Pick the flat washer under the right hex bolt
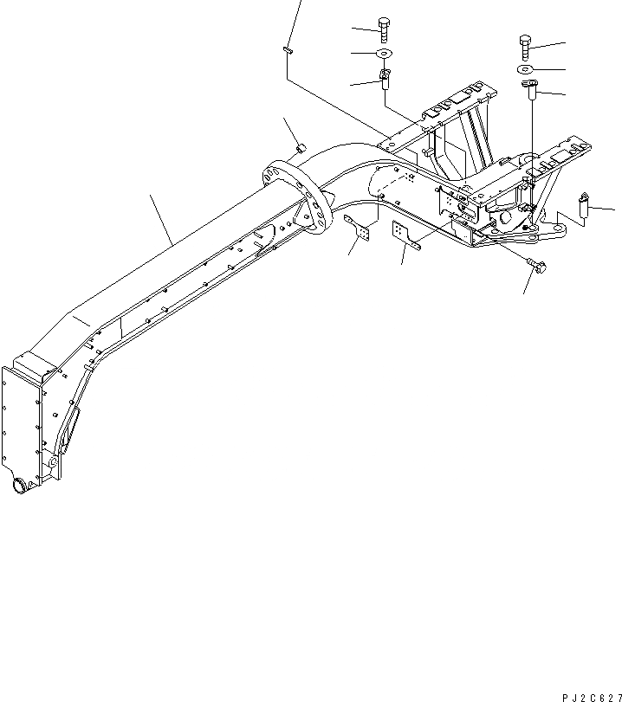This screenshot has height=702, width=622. click(528, 69)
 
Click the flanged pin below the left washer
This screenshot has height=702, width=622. click(386, 81)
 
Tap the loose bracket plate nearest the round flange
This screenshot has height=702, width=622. click(360, 233)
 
